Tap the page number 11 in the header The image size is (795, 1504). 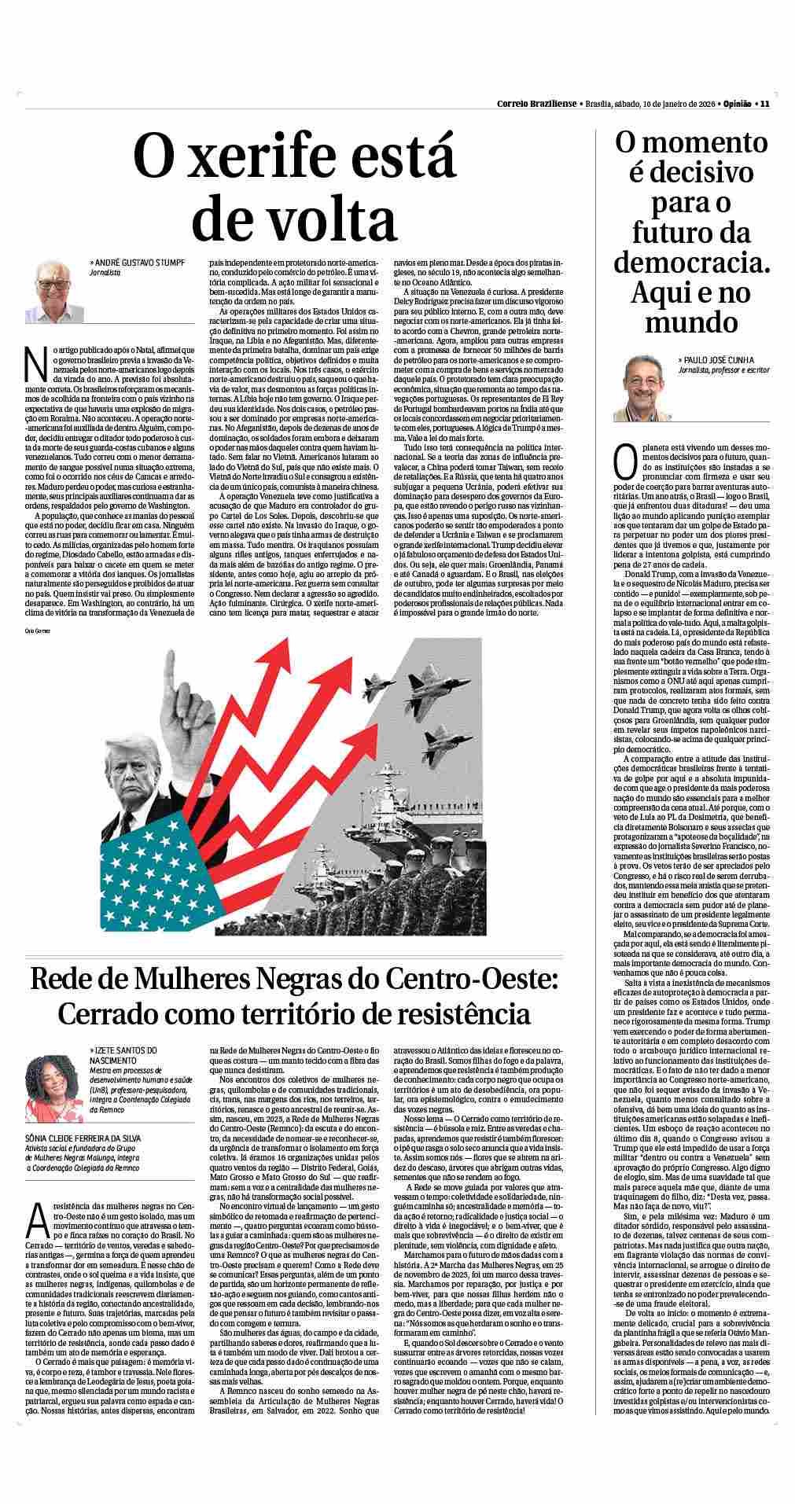click(x=764, y=103)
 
